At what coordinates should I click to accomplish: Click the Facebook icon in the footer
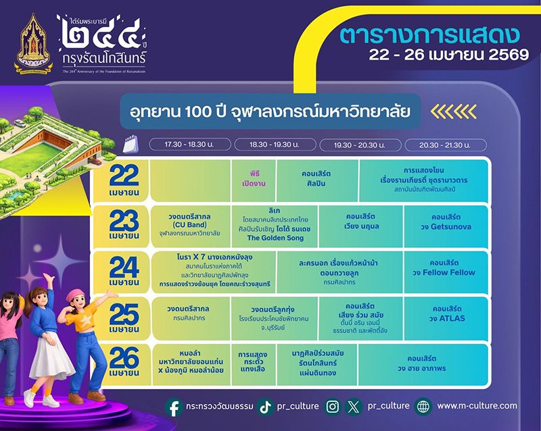(x=174, y=406)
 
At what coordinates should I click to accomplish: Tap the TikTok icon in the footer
(x=264, y=406)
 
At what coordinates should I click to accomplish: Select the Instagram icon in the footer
(x=332, y=406)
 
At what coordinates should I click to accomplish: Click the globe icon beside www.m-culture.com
(x=424, y=406)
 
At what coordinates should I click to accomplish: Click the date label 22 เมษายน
(x=124, y=180)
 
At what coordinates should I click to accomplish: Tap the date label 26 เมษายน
(x=124, y=363)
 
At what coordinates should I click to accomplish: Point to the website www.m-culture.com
(x=477, y=406)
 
